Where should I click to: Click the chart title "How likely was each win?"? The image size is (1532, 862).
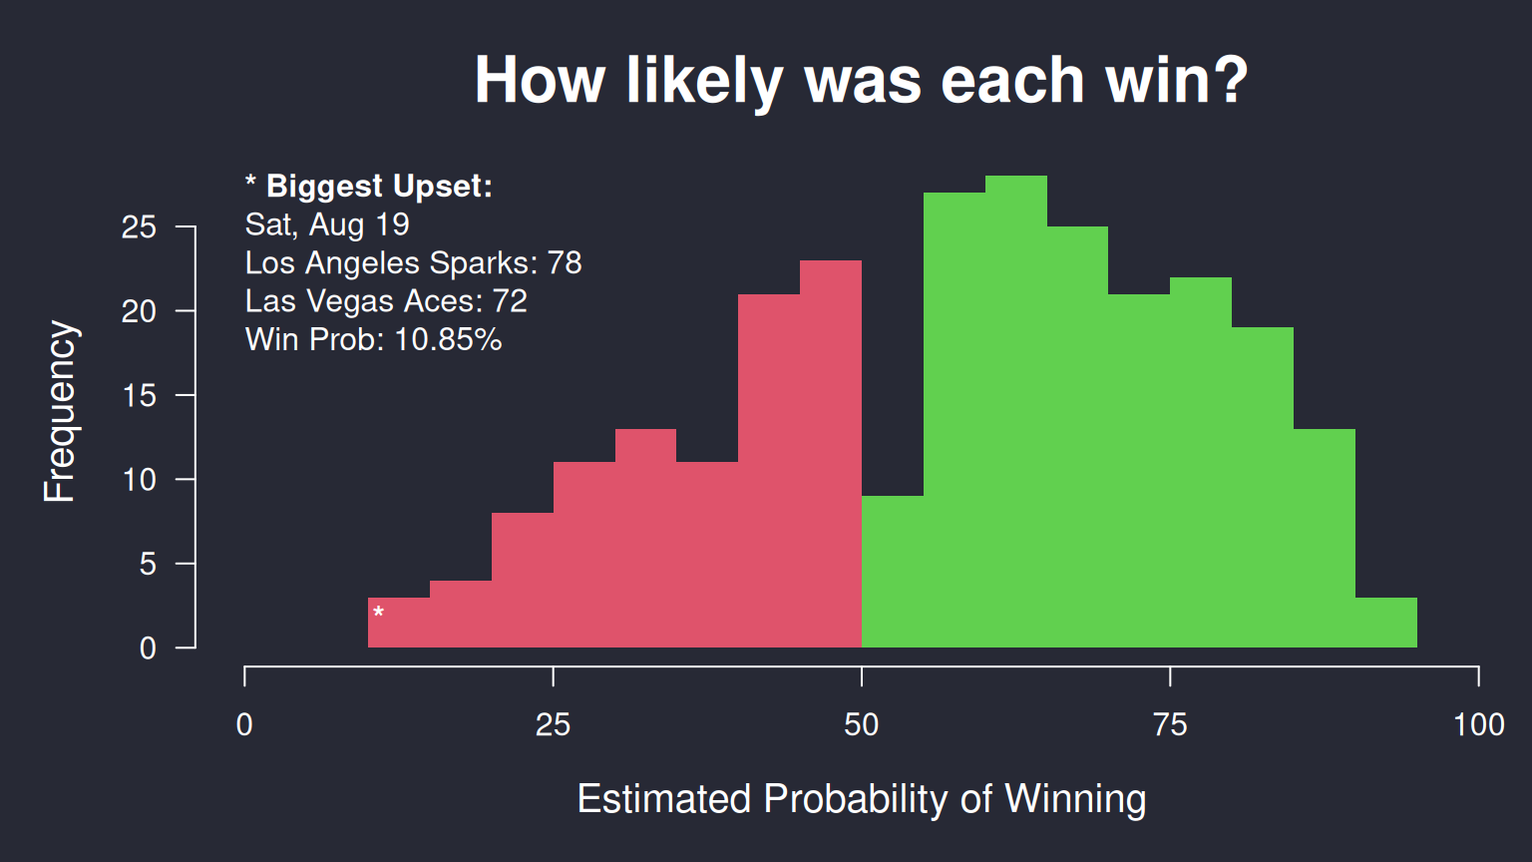pyautogui.click(x=861, y=82)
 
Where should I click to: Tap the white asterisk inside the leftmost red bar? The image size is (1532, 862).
pyautogui.click(x=378, y=612)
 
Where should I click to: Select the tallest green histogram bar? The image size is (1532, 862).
pyautogui.click(x=1015, y=411)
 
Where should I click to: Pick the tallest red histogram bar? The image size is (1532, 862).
pyautogui.click(x=830, y=454)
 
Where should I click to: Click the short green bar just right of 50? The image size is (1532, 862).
pyautogui.click(x=893, y=572)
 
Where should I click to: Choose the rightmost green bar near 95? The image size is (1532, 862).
pyautogui.click(x=1386, y=623)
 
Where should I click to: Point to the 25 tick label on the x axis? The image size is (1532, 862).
pyautogui.click(x=553, y=725)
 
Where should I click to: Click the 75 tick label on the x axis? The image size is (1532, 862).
pyautogui.click(x=1170, y=725)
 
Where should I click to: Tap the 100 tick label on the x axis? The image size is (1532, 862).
pyautogui.click(x=1479, y=725)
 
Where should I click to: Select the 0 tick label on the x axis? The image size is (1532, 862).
pyautogui.click(x=244, y=725)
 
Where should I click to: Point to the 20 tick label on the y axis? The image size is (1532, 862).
pyautogui.click(x=139, y=312)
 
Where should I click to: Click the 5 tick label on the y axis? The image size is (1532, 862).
pyautogui.click(x=148, y=565)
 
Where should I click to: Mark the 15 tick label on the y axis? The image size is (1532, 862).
pyautogui.click(x=139, y=396)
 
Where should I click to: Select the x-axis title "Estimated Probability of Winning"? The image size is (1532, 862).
pyautogui.click(x=862, y=799)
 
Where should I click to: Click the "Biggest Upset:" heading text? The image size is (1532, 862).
pyautogui.click(x=379, y=187)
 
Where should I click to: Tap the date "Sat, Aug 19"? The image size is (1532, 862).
pyautogui.click(x=327, y=225)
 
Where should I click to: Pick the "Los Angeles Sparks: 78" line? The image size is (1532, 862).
pyautogui.click(x=413, y=262)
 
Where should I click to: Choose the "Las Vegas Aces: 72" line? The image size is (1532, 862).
pyautogui.click(x=386, y=301)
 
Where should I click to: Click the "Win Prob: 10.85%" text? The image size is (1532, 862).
pyautogui.click(x=373, y=339)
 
